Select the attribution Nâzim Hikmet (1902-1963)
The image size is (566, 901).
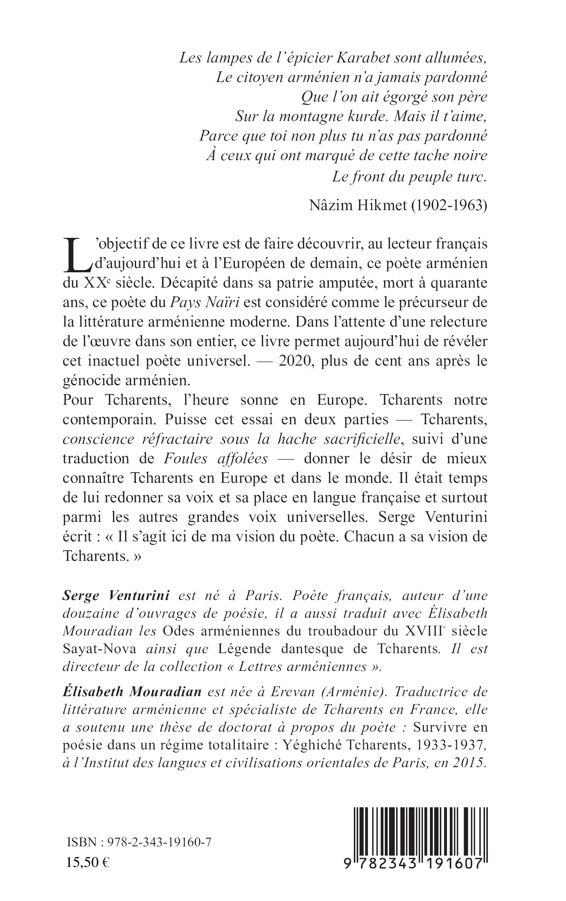click(x=398, y=205)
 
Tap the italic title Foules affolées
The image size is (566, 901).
click(x=216, y=458)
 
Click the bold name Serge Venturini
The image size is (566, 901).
click(x=116, y=595)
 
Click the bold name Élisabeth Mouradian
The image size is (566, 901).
click(x=132, y=692)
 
